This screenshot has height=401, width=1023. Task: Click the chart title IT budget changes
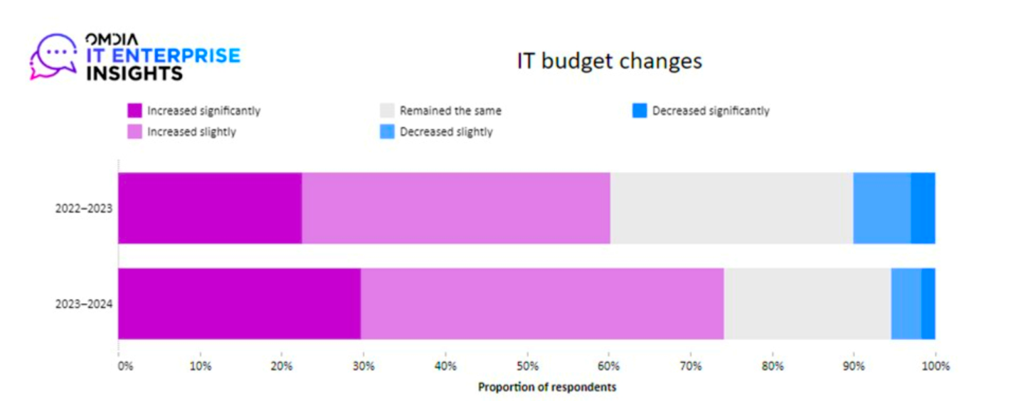click(609, 61)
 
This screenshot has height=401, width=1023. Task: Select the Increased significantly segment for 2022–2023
click(210, 208)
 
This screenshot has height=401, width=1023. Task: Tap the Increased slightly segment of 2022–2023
click(456, 208)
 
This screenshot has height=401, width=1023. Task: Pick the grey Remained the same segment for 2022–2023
click(731, 208)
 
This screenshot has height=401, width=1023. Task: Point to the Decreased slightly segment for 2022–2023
click(881, 208)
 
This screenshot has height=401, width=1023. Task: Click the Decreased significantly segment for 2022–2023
click(923, 208)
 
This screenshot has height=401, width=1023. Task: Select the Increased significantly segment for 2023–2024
click(239, 304)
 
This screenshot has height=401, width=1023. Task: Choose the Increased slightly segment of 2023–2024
click(542, 304)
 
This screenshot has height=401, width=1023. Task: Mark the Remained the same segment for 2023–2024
click(807, 304)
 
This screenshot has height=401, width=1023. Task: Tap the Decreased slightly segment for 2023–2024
click(906, 304)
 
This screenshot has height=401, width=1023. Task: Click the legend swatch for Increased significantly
click(134, 111)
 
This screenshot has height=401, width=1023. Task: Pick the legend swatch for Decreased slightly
click(387, 132)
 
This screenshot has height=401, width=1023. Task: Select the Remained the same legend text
click(450, 111)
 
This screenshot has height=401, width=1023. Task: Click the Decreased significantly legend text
click(710, 111)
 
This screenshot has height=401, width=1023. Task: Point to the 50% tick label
click(527, 367)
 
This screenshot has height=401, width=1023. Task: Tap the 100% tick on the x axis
click(935, 367)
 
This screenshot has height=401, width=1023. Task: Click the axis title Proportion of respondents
click(546, 387)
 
